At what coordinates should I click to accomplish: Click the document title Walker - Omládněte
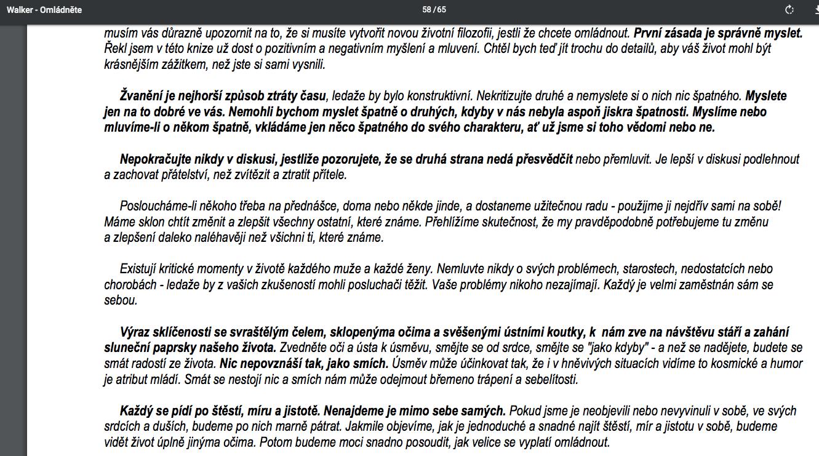coord(44,10)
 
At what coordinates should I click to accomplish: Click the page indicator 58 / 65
coord(434,10)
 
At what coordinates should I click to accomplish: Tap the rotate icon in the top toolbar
coord(789,10)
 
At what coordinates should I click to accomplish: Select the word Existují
coord(140,269)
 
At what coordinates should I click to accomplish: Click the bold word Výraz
coord(136,332)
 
